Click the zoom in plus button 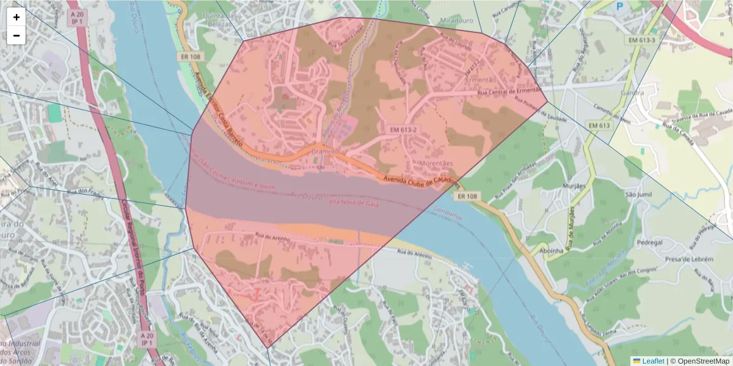pos(16,17)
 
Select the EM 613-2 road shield pos(403,130)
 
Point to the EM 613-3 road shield pos(641,40)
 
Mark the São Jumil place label pos(638,195)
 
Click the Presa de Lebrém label pos(689,259)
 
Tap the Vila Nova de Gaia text pos(354,204)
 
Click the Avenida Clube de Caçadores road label pos(421,181)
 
